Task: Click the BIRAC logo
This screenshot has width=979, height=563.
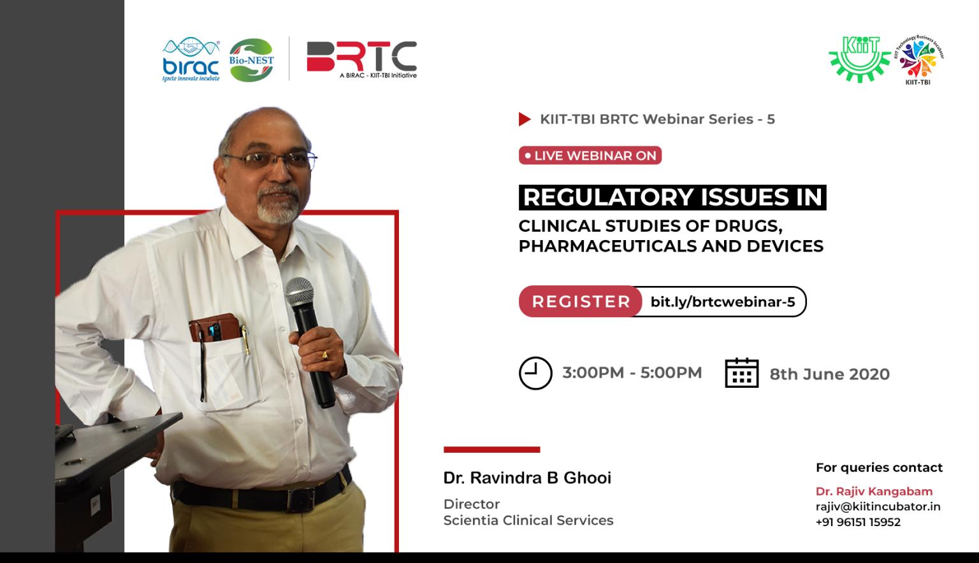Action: [191, 59]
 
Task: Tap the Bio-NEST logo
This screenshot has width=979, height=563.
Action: [251, 61]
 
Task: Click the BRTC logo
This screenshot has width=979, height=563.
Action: [362, 60]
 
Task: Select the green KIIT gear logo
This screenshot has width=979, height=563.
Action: [860, 59]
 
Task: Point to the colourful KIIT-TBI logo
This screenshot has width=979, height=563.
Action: [918, 60]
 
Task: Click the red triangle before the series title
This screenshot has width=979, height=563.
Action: [525, 119]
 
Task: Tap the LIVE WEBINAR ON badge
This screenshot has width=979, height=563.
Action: [590, 155]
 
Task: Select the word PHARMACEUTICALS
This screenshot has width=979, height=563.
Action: [607, 246]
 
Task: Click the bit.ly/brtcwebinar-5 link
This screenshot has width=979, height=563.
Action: [722, 302]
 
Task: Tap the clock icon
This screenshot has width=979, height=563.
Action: [535, 373]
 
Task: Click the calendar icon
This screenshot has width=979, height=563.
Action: [742, 373]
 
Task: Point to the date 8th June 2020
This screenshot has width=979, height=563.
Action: [829, 374]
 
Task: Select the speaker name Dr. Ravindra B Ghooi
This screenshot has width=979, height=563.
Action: [527, 478]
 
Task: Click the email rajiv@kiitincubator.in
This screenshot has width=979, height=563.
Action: [878, 507]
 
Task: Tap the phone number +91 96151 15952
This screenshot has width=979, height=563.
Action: [858, 522]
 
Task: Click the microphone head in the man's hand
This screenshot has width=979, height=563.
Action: [300, 291]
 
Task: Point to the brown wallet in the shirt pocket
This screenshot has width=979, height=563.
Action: [215, 327]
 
